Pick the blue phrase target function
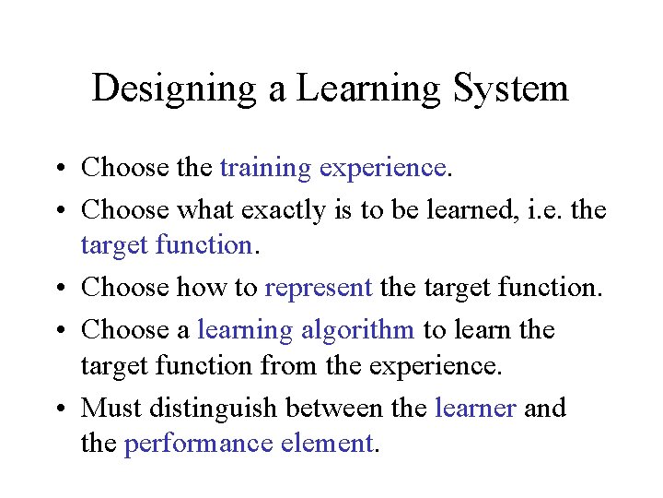(x=166, y=245)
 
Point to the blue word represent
(x=318, y=287)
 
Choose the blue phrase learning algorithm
(x=306, y=329)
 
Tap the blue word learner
(x=474, y=408)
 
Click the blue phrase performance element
(x=248, y=444)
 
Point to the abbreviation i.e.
(x=537, y=210)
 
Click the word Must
(x=106, y=408)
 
